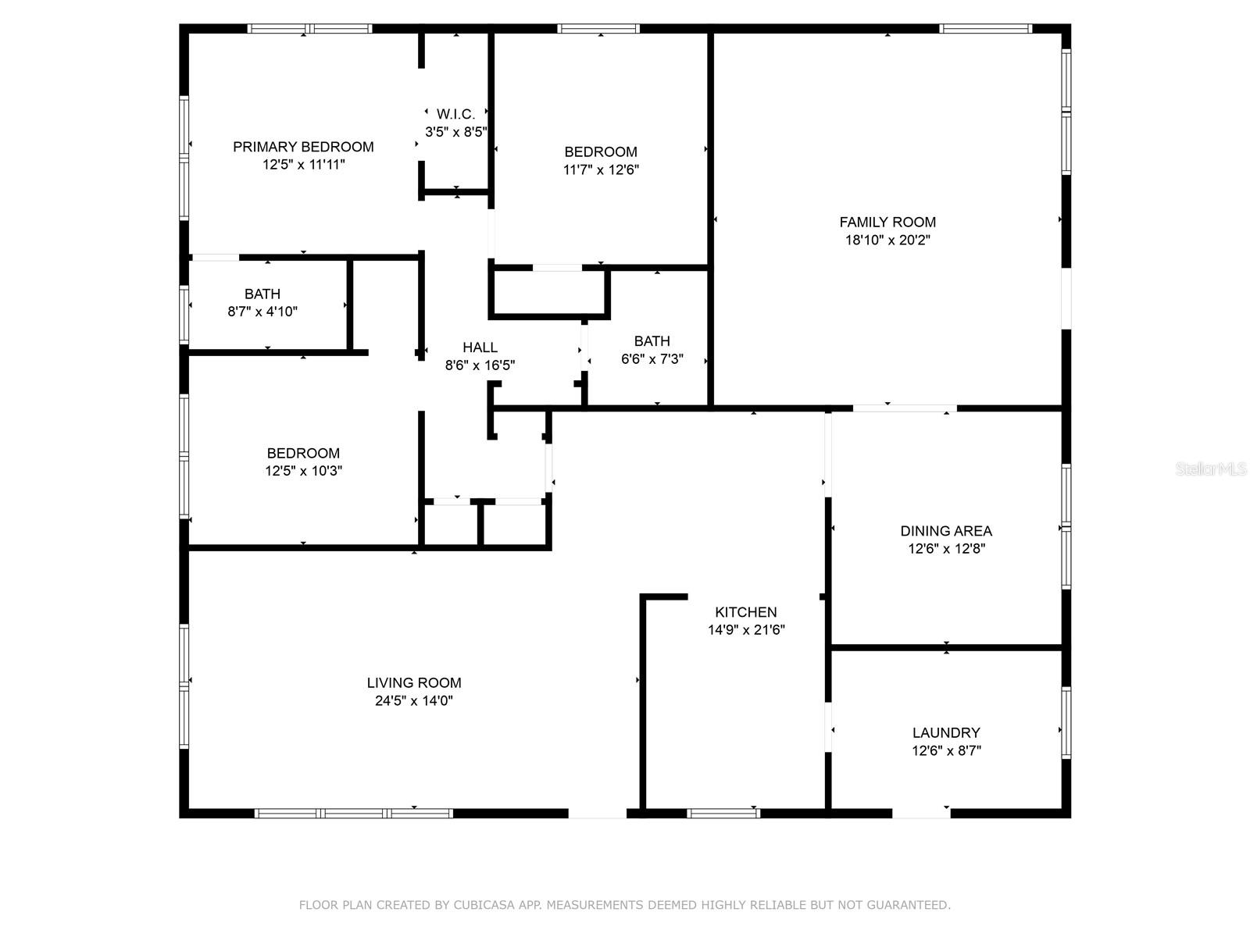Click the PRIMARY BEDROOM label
point(303,147)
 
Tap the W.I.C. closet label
point(455,114)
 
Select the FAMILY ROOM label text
point(887,222)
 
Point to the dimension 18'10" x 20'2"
point(887,240)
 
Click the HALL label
point(480,347)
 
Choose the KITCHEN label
point(745,612)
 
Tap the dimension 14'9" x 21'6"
point(746,630)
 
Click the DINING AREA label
point(946,531)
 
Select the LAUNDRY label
point(946,732)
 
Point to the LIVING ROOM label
point(414,682)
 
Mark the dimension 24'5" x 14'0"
point(414,700)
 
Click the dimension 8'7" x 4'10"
point(262,312)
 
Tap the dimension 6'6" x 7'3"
point(652,359)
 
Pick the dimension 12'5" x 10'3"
point(304,471)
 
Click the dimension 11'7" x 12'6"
point(601,169)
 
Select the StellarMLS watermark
point(1211,468)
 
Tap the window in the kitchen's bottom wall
point(723,813)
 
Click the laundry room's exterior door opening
point(921,813)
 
